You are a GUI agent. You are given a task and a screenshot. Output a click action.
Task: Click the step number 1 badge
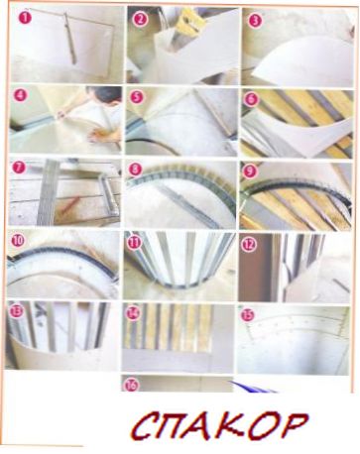(x=25, y=18)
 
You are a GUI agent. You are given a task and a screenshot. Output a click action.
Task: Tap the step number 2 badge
(x=140, y=20)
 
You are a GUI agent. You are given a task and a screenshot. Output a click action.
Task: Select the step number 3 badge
(x=255, y=21)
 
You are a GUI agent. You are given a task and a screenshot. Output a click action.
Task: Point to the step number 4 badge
(x=20, y=96)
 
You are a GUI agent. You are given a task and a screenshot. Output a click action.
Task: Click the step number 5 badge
(x=136, y=97)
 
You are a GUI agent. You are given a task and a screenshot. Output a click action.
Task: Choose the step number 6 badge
(x=251, y=99)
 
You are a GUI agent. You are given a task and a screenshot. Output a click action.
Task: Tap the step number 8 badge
(x=135, y=170)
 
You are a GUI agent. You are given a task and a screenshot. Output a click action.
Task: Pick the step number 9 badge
(x=249, y=171)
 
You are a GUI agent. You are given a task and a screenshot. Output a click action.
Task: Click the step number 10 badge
(x=18, y=240)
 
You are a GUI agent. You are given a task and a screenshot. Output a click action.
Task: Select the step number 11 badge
(x=134, y=243)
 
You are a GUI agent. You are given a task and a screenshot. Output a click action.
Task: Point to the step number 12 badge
(x=249, y=245)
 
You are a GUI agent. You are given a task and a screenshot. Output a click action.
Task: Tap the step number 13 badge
(x=15, y=311)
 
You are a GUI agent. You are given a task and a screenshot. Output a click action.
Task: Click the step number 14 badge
(x=133, y=313)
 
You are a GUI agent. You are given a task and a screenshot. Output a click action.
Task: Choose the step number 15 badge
(x=247, y=315)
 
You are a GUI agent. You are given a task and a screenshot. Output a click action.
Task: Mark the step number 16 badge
(x=131, y=386)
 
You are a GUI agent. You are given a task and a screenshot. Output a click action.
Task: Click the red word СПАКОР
(x=220, y=425)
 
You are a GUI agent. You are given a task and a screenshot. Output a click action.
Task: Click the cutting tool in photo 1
(x=70, y=38)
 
